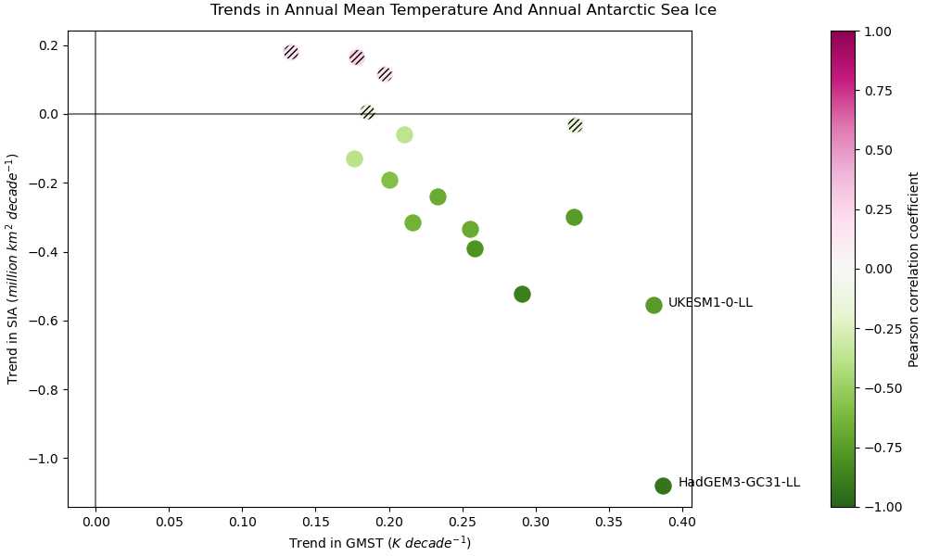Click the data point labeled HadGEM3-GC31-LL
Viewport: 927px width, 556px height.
coord(663,486)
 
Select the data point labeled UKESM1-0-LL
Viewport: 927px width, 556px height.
coord(654,305)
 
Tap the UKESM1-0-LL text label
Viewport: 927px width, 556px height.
coord(710,303)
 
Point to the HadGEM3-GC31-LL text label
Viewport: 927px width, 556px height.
coord(739,483)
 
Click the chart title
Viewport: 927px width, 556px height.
coord(463,10)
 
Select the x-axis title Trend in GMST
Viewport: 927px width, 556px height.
coord(380,543)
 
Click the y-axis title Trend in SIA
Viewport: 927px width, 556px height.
coord(14,269)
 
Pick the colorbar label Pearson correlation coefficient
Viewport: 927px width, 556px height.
coord(914,269)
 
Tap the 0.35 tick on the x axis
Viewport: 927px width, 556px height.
coord(609,522)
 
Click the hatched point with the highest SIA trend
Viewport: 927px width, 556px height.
coord(291,52)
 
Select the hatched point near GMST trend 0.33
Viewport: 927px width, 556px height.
coord(575,125)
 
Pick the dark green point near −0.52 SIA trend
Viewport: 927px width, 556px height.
coord(522,294)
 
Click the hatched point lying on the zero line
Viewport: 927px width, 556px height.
coord(367,112)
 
